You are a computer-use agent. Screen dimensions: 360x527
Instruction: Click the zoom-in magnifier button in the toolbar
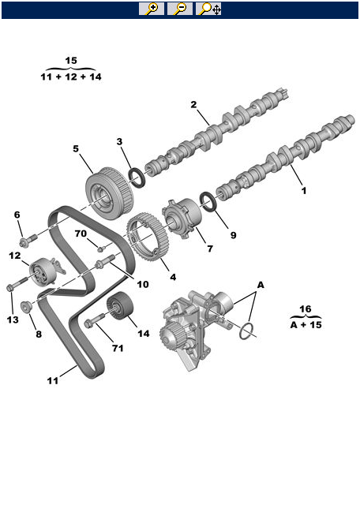point(152,9)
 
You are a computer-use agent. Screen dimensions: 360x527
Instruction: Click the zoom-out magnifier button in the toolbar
point(180,9)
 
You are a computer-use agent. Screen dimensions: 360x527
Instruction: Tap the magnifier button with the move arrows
point(208,9)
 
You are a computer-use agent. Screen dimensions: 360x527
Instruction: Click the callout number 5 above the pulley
point(76,148)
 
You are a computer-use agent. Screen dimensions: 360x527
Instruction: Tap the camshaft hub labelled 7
point(182,219)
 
